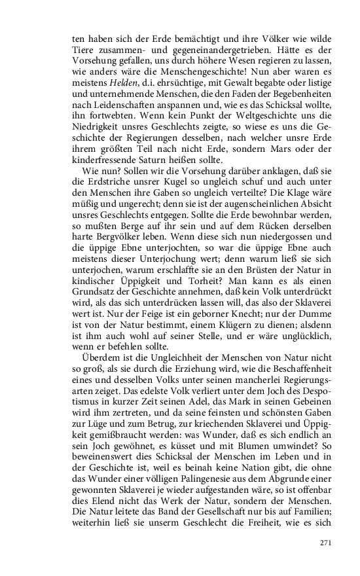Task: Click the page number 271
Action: coord(327,543)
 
